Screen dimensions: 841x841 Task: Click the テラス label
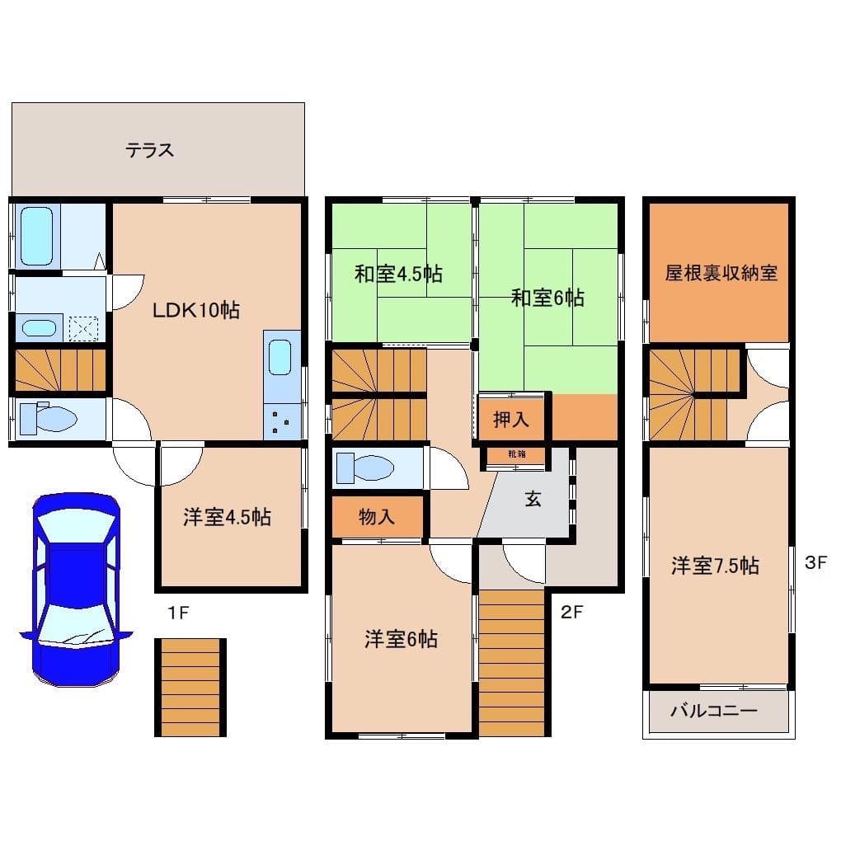[x=149, y=151]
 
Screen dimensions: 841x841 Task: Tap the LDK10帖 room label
[x=195, y=311]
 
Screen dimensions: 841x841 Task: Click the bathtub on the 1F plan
[x=36, y=235]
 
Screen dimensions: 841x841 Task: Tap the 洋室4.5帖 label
[x=227, y=518]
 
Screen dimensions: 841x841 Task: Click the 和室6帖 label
[x=547, y=297]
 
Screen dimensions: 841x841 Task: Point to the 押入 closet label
[x=510, y=420]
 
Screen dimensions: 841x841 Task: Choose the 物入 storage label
[x=376, y=517]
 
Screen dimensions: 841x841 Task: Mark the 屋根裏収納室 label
[x=721, y=273]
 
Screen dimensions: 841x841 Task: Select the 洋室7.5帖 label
[x=715, y=566]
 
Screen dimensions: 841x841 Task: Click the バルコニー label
[x=712, y=711]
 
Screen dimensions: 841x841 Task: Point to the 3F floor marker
[x=815, y=563]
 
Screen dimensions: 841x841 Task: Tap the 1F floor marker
[x=179, y=613]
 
